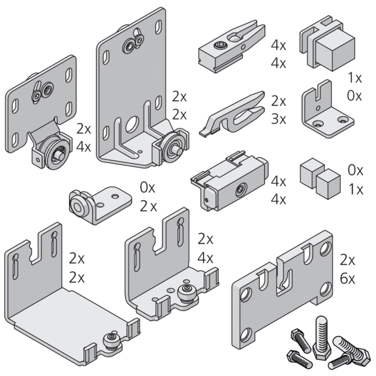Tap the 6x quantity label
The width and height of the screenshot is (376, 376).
coord(347,279)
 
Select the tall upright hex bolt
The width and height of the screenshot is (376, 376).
coord(322,337)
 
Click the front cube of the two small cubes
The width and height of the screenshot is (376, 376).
coord(328,183)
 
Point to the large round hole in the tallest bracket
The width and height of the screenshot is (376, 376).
coord(133,124)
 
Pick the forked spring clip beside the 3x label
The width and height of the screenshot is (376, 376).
coord(232,114)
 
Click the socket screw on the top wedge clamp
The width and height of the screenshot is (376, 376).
coord(220,44)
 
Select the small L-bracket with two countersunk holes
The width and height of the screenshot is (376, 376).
coord(327,110)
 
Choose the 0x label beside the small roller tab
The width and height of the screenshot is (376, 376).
coord(148,187)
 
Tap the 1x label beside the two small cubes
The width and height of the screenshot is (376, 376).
coord(356,189)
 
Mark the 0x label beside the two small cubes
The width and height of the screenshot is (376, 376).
coord(355,170)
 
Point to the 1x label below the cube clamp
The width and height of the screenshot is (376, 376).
coord(354,78)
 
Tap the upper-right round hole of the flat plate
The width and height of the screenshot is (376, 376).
coord(324,248)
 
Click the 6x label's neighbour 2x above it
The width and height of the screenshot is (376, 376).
coord(347,260)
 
